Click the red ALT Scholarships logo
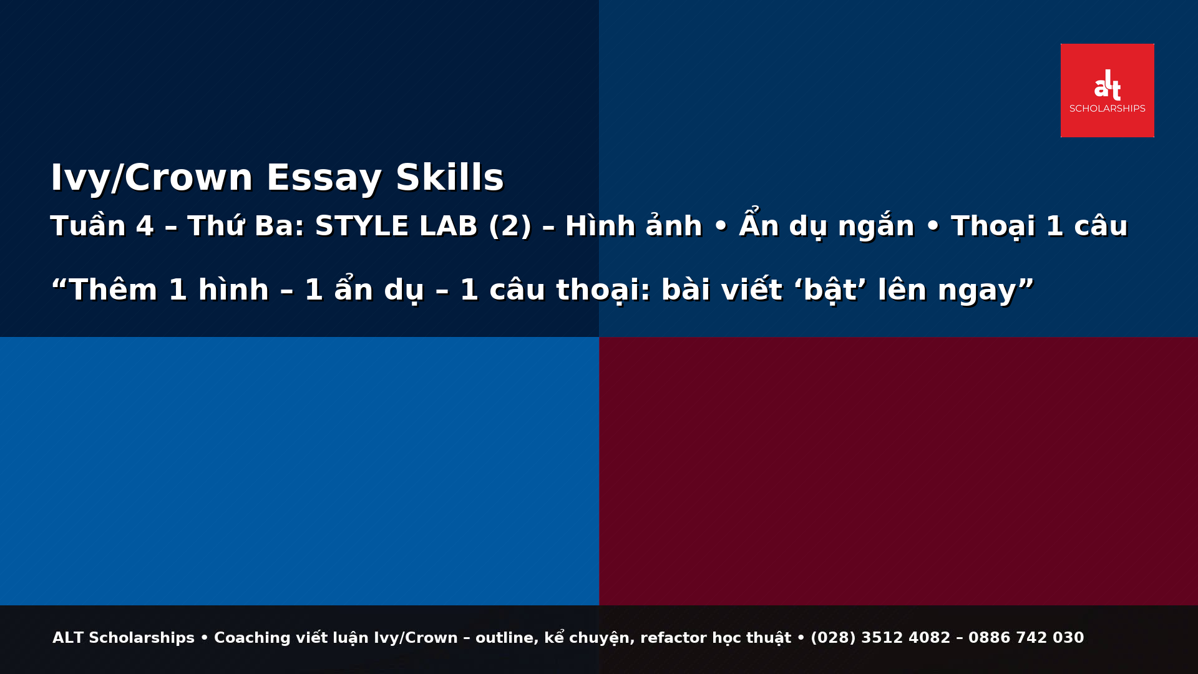point(1107,90)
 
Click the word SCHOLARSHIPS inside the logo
point(1107,109)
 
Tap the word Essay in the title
point(323,178)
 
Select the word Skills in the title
point(449,178)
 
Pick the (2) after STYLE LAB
point(510,226)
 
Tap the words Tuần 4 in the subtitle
point(102,226)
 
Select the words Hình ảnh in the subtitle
point(633,226)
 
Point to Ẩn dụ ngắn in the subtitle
point(826,226)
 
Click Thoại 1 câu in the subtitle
point(1039,226)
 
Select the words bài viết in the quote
point(721,290)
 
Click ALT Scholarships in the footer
point(124,638)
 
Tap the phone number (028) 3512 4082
point(880,638)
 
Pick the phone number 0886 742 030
point(1026,638)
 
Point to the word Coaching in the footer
point(252,638)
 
